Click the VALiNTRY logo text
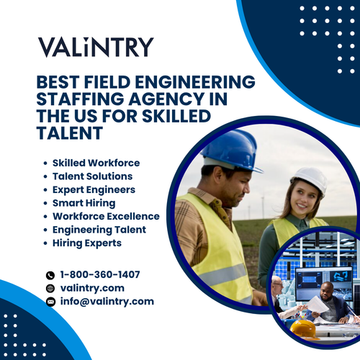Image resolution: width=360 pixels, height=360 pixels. coord(96,48)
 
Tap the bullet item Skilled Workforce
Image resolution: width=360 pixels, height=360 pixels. coord(96,163)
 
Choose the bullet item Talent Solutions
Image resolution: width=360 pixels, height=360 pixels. coord(92,176)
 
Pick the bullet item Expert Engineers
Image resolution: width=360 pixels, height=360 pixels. coord(94,189)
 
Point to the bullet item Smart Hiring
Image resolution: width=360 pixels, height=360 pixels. coord(84,203)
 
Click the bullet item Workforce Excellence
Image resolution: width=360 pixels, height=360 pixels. coord(106,216)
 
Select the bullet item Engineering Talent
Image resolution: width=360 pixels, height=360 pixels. coord(99,230)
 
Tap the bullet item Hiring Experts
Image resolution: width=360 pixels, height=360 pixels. coord(87,243)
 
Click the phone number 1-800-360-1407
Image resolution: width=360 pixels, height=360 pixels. coord(100,274)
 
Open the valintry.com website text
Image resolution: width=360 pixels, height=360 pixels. coord(91,288)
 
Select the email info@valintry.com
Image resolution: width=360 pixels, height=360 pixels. coord(107,302)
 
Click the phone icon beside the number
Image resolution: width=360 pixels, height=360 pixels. coord(50,275)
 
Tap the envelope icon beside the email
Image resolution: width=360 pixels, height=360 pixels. coord(50,302)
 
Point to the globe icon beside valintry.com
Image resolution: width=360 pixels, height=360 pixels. coord(50,289)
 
